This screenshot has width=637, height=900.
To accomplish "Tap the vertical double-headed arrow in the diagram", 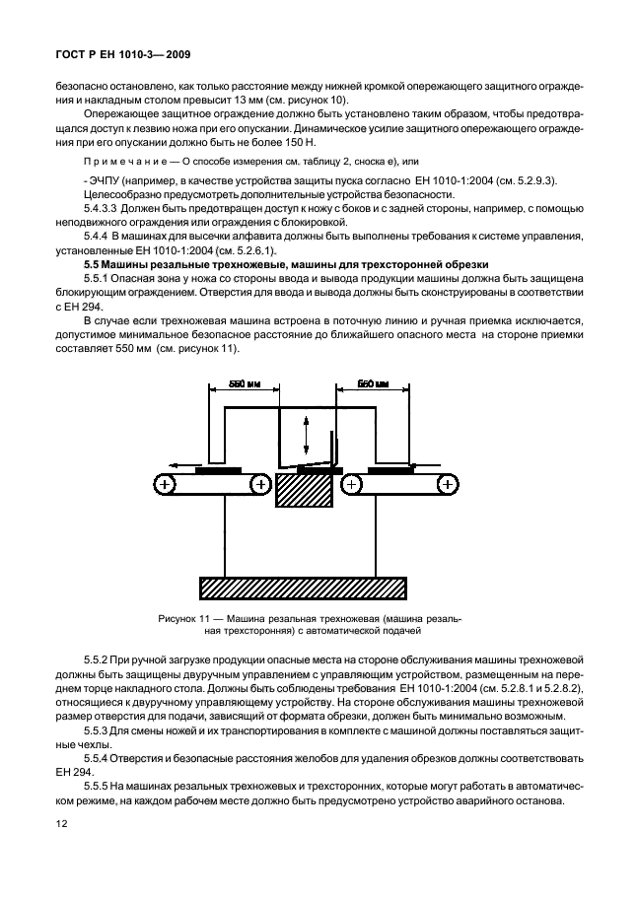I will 306,435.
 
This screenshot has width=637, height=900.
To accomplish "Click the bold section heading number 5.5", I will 94,265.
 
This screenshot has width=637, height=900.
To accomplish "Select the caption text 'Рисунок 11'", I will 186,618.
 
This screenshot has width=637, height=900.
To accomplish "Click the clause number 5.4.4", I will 97,238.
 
